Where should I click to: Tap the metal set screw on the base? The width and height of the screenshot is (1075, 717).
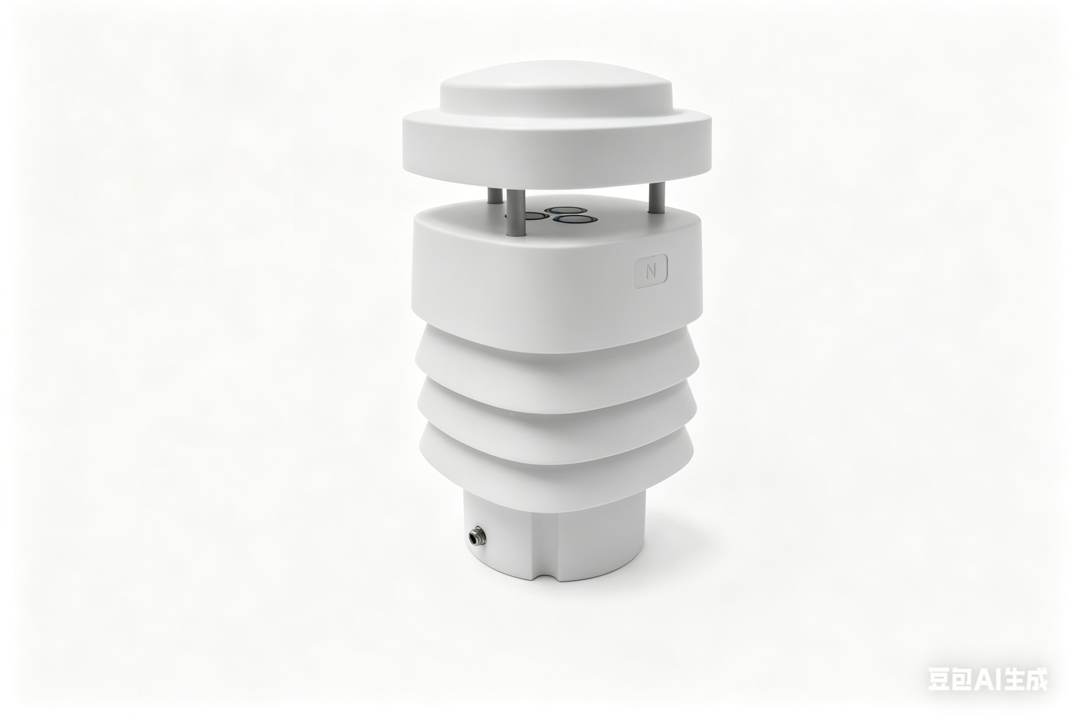click(x=477, y=535)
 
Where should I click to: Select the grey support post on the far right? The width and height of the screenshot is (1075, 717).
click(x=657, y=198)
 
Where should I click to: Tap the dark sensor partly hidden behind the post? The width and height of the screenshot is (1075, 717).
click(x=533, y=216)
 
